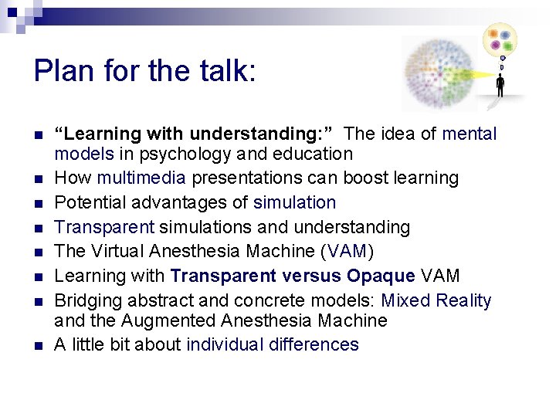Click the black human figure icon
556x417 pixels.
(500, 86)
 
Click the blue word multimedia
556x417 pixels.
(141, 178)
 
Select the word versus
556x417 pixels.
(312, 276)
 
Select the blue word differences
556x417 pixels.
(314, 344)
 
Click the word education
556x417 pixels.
(314, 154)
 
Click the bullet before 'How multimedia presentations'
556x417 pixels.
(38, 179)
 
